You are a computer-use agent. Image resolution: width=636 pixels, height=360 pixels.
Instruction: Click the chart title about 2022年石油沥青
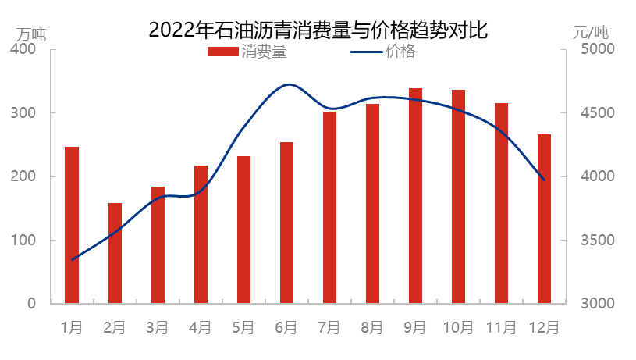click(x=318, y=30)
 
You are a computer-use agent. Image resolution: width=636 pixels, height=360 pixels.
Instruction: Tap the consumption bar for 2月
click(x=115, y=253)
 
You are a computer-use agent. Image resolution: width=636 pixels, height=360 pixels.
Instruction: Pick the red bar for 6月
click(x=286, y=223)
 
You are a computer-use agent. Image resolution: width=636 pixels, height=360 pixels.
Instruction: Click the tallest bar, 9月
click(x=415, y=196)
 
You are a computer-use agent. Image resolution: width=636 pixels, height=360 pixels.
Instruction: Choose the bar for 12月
click(x=544, y=219)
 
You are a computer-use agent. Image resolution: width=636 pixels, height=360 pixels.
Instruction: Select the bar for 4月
click(x=201, y=234)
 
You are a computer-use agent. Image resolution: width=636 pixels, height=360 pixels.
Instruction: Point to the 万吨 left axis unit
click(x=32, y=34)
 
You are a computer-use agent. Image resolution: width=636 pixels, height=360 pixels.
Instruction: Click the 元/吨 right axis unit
click(x=591, y=34)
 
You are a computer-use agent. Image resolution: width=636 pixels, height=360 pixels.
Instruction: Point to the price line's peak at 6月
click(x=289, y=84)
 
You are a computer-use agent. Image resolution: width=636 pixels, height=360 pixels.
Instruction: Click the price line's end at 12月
click(x=544, y=180)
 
